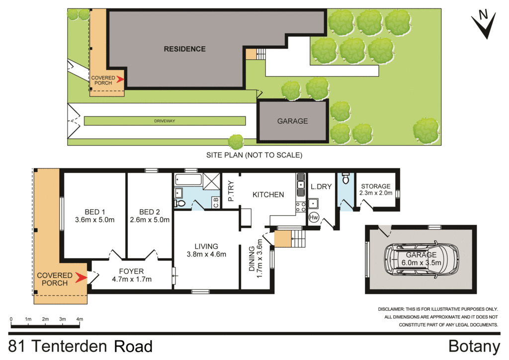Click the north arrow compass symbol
(x=484, y=25)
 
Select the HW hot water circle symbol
(x=314, y=217)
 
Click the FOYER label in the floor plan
(x=131, y=271)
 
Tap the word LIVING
(x=206, y=246)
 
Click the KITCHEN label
(x=268, y=194)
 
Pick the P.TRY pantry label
(x=231, y=191)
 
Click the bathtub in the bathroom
(x=188, y=180)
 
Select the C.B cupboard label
(x=216, y=203)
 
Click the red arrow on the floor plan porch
(x=80, y=279)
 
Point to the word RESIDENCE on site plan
(x=185, y=49)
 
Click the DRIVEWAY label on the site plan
(x=165, y=121)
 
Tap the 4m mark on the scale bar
(x=80, y=319)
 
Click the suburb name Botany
(x=474, y=346)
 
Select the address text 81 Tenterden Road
(x=81, y=346)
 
